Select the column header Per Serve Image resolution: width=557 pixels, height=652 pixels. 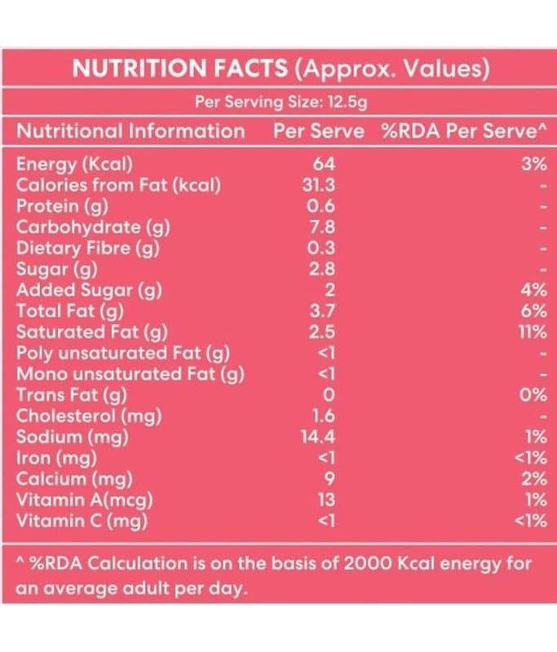pos(319,131)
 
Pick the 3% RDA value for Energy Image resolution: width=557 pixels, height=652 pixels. pos(533,163)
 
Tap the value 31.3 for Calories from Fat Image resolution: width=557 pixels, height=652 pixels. pos(319,184)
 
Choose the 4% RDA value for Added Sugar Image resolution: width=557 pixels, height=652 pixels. pos(533,289)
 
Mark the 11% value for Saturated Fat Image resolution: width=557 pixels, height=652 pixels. pos(533,332)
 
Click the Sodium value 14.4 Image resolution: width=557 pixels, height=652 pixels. pos(319,437)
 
